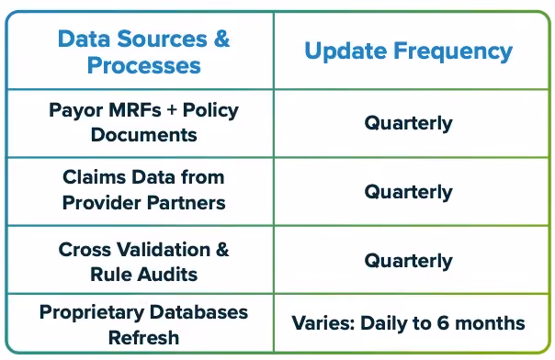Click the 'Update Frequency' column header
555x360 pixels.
pos(409,51)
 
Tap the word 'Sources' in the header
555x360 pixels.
pos(162,39)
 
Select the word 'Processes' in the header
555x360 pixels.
pos(143,65)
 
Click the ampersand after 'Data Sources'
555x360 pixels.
pos(221,39)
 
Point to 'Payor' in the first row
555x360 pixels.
pos(75,111)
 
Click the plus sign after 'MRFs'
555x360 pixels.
pos(172,110)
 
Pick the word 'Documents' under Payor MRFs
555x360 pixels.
pos(143,135)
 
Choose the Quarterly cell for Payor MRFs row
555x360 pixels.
pos(409,124)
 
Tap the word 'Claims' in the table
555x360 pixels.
pos(94,177)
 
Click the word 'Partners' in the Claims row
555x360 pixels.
pos(187,203)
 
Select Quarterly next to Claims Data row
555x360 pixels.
pos(409,192)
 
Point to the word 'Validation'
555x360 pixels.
pos(164,249)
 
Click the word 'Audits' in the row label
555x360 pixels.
pos(168,275)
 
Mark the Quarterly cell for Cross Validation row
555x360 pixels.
pos(409,262)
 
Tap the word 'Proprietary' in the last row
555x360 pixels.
pos(92,313)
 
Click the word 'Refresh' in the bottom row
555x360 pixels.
pos(143,337)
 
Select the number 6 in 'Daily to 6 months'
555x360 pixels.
pos(443,323)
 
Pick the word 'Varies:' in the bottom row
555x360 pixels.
pos(323,323)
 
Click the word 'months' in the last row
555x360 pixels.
pos(490,323)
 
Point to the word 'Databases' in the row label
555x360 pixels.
pos(198,312)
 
